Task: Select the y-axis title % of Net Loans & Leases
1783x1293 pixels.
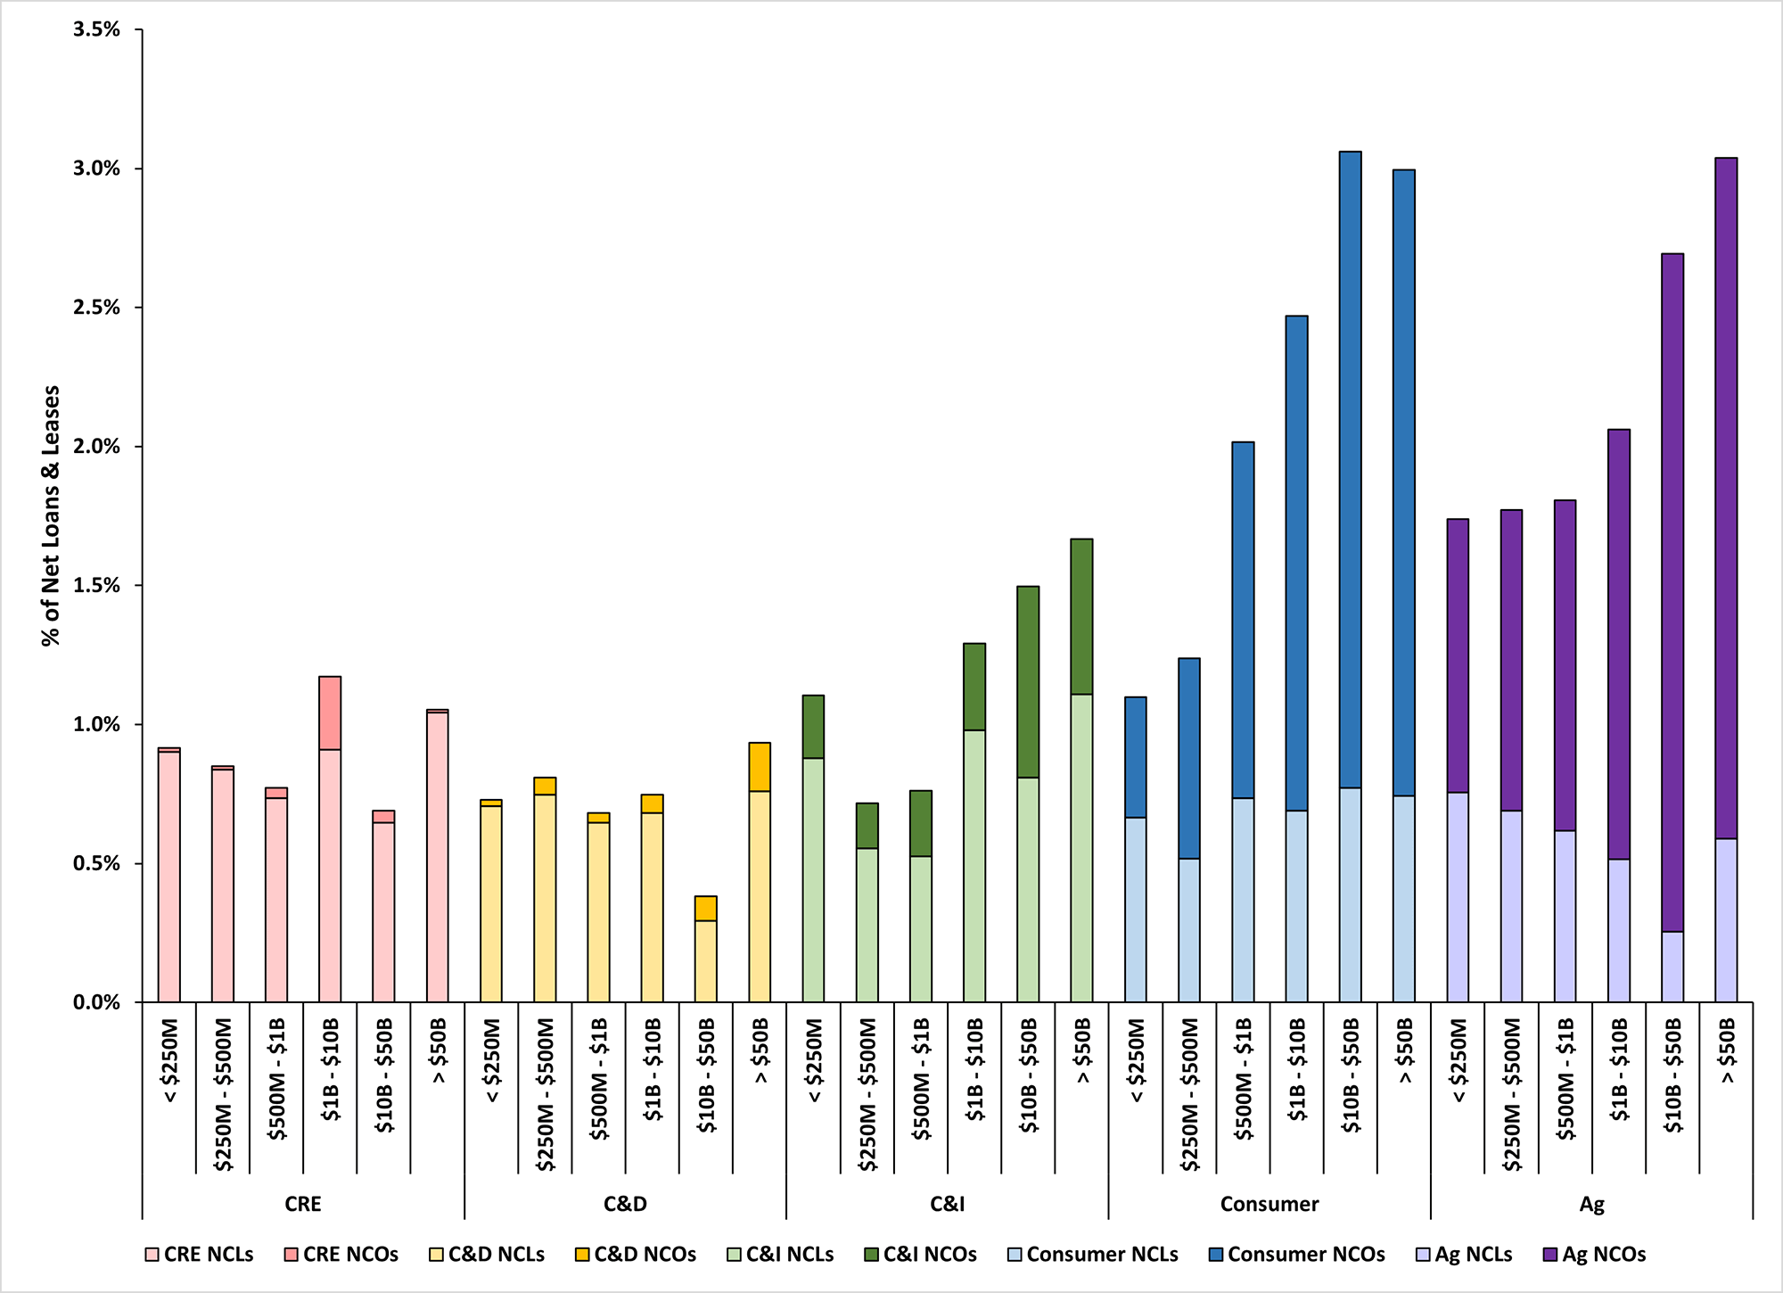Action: tap(51, 515)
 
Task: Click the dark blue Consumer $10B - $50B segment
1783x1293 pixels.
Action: tap(1350, 468)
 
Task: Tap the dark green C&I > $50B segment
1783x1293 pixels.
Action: tap(1081, 616)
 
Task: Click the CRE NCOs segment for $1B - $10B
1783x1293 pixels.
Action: tap(330, 713)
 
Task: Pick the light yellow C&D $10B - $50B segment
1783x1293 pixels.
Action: tap(705, 961)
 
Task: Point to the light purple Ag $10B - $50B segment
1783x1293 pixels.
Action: tap(1672, 967)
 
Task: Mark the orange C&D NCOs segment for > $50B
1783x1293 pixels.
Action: tap(760, 767)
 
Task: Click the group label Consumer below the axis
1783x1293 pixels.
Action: tap(1269, 1205)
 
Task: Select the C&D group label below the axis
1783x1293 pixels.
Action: tap(625, 1205)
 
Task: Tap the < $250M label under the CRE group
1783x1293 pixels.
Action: tap(170, 1060)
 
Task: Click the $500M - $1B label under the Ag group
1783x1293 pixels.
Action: tap(1565, 1079)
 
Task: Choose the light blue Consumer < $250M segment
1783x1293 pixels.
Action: tap(1135, 910)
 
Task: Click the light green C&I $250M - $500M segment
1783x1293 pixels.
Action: tap(867, 925)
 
